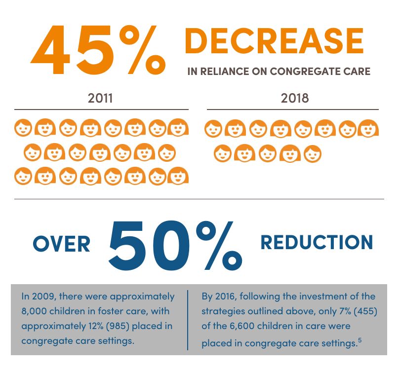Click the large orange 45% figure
(98, 49)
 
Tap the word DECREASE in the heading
(274, 41)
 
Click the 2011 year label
(100, 98)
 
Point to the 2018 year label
(295, 98)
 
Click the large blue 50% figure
(175, 245)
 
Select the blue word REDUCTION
(317, 242)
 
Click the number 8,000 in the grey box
(34, 311)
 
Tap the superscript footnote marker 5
(360, 340)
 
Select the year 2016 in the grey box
(226, 296)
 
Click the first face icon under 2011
(23, 128)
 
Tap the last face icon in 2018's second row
(313, 153)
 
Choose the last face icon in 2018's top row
(368, 128)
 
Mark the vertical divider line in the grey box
(188, 320)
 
